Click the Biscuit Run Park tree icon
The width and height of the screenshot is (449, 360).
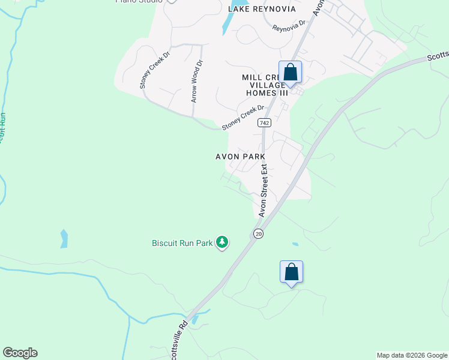(223, 242)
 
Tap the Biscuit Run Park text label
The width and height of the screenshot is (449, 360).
(182, 244)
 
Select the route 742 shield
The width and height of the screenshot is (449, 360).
(264, 122)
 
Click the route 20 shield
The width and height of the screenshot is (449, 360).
(258, 233)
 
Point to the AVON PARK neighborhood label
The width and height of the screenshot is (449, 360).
(240, 157)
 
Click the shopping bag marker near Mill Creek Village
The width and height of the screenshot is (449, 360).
(291, 73)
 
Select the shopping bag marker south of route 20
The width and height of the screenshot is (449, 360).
(292, 272)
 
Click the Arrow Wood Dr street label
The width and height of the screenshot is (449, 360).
(197, 80)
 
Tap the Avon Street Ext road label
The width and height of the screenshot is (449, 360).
(263, 192)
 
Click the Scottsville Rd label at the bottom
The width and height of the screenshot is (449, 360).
(178, 341)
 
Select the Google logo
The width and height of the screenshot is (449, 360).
(20, 353)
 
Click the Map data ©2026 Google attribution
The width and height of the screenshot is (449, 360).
(412, 355)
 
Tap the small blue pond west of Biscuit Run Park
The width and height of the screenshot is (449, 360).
(64, 239)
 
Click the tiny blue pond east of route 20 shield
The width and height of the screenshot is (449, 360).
(295, 244)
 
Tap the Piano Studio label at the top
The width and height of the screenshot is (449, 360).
(139, 1)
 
